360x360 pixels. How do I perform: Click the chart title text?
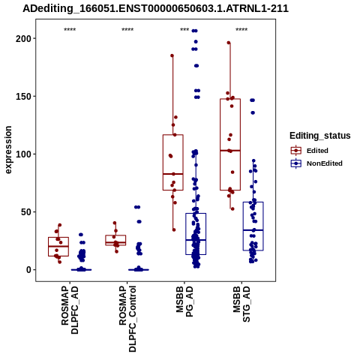click(x=155, y=9)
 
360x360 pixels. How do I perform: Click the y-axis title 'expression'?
click(x=8, y=150)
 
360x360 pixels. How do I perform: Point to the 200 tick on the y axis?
click(x=25, y=38)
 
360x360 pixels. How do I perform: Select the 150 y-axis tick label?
click(x=25, y=96)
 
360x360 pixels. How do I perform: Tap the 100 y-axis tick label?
click(x=25, y=154)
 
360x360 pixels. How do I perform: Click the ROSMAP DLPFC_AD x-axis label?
click(x=70, y=310)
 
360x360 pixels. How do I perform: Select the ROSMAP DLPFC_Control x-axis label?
click(x=127, y=319)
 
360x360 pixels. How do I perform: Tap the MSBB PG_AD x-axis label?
click(x=184, y=301)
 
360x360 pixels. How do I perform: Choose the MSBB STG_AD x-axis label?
click(x=241, y=304)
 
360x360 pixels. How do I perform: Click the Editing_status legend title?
click(x=320, y=136)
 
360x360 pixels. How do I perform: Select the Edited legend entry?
click(x=310, y=151)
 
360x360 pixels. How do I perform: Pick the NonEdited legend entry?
click(x=316, y=163)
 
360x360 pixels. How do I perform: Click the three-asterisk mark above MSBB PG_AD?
click(x=184, y=29)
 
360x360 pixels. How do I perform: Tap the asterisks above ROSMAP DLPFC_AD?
click(x=70, y=29)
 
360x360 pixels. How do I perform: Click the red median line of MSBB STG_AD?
click(x=230, y=151)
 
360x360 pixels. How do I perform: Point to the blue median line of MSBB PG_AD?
click(x=196, y=240)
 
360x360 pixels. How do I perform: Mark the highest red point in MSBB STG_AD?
click(x=229, y=43)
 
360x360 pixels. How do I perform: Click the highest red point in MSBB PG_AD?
click(x=172, y=55)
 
